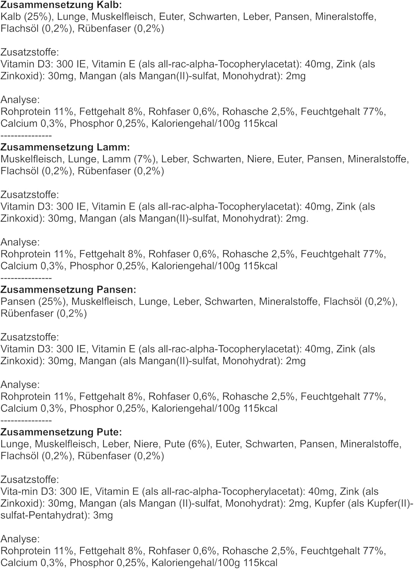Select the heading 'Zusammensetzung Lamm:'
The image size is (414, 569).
(x=65, y=147)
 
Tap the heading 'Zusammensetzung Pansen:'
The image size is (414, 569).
(x=68, y=289)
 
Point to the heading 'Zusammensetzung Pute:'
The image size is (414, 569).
(x=61, y=432)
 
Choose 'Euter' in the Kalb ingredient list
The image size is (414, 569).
(x=171, y=17)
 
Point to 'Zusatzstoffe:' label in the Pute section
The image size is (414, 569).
(x=30, y=479)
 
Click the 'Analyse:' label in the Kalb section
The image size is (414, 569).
(x=20, y=100)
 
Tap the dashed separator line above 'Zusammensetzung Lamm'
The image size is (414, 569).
(x=26, y=136)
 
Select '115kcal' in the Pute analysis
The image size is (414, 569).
(x=260, y=563)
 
